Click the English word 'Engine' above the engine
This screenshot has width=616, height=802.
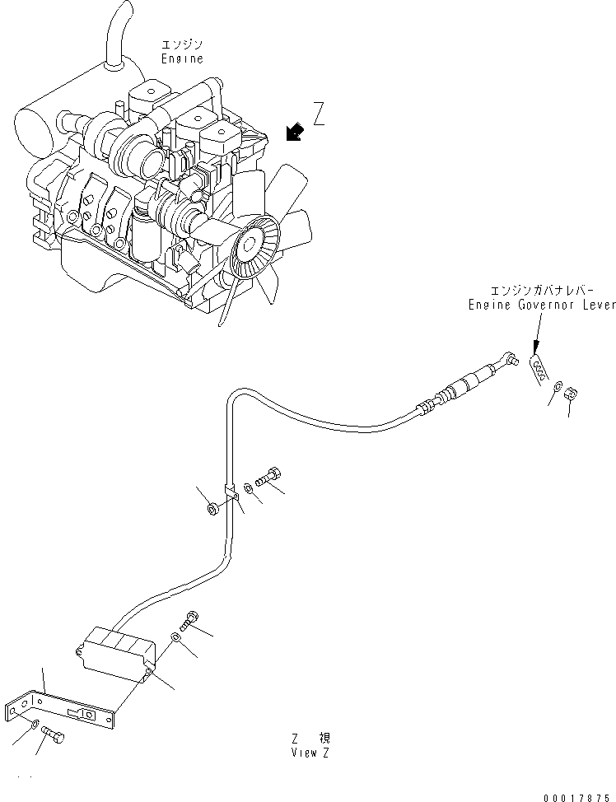(x=181, y=59)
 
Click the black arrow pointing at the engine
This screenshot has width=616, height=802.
(x=291, y=131)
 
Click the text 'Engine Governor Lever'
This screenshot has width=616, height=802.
(x=541, y=305)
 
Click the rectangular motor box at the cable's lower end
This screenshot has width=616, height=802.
(x=119, y=651)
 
